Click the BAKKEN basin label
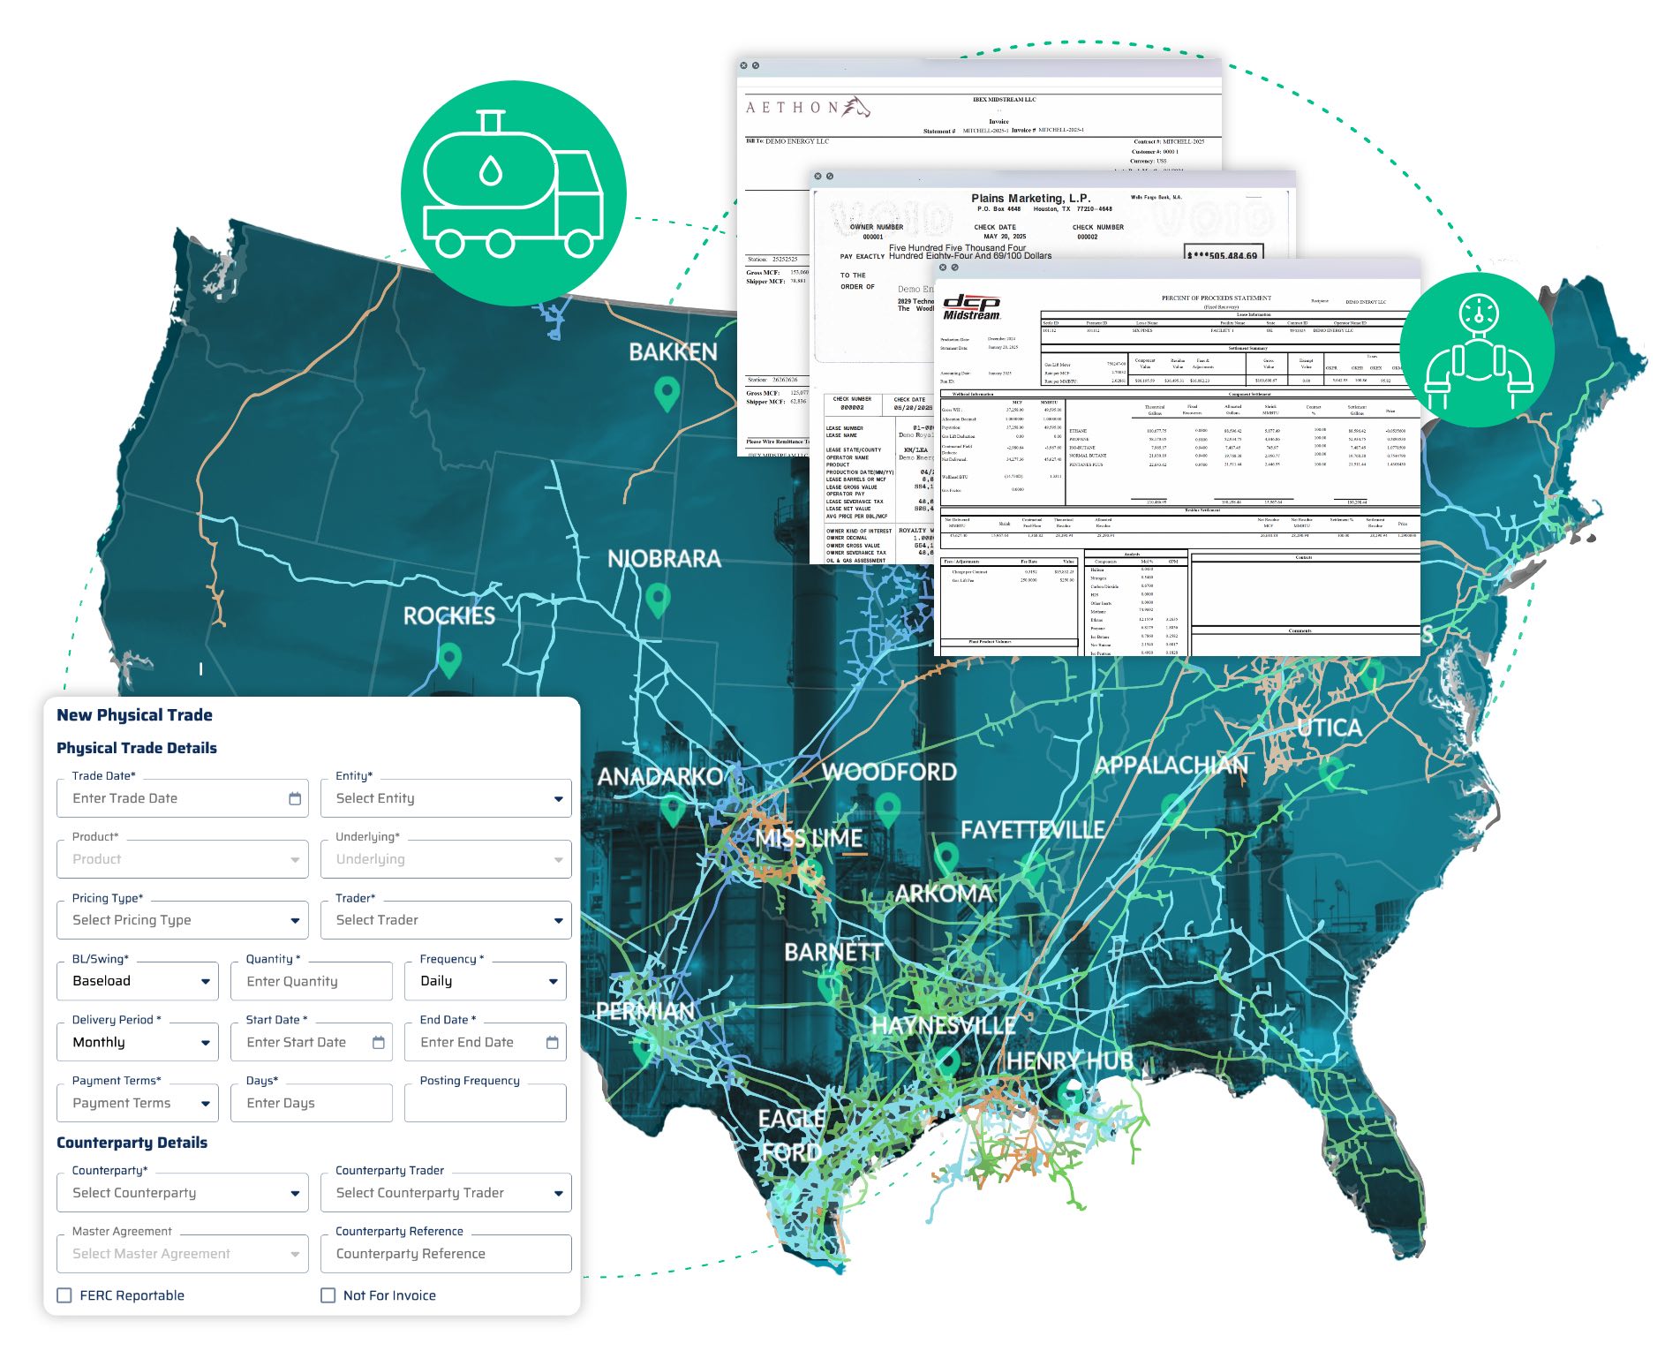tap(673, 352)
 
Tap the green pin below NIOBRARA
tap(658, 600)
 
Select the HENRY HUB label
tap(1069, 1060)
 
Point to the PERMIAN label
tap(644, 1011)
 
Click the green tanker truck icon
tap(513, 193)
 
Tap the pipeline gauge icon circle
tap(1478, 350)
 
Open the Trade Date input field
tap(182, 798)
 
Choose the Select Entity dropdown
tap(446, 798)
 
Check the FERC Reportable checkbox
tap(64, 1295)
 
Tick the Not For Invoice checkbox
tap(328, 1295)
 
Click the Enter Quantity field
tap(311, 981)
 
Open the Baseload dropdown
tap(137, 981)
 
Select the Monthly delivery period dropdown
tap(137, 1042)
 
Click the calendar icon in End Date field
tap(553, 1042)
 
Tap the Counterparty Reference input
tap(446, 1254)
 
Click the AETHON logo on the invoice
tap(807, 108)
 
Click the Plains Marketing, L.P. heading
tap(1030, 198)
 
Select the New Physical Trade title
tap(134, 714)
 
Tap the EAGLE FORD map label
tap(791, 1135)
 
